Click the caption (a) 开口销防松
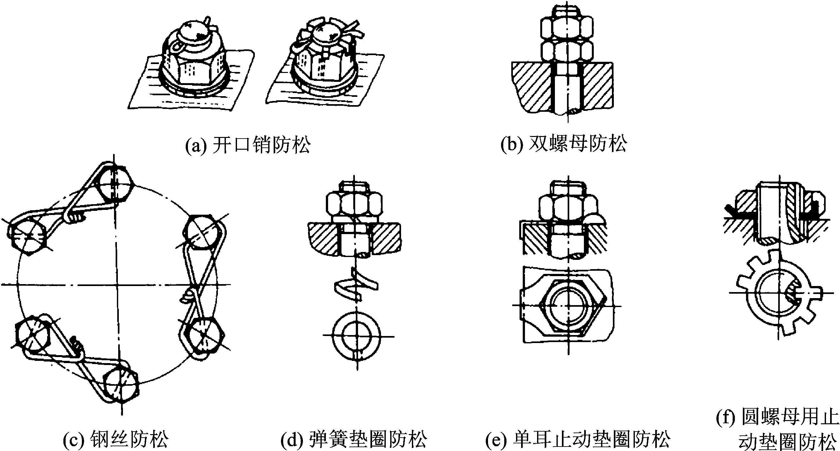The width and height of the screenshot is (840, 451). click(x=248, y=145)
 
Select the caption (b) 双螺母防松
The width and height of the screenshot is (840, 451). click(x=564, y=144)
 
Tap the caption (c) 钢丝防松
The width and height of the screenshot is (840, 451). click(x=116, y=439)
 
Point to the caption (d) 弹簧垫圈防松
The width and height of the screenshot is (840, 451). click(x=354, y=439)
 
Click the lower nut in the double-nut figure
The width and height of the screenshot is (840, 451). click(x=567, y=53)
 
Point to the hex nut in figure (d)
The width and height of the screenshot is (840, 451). click(x=354, y=205)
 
